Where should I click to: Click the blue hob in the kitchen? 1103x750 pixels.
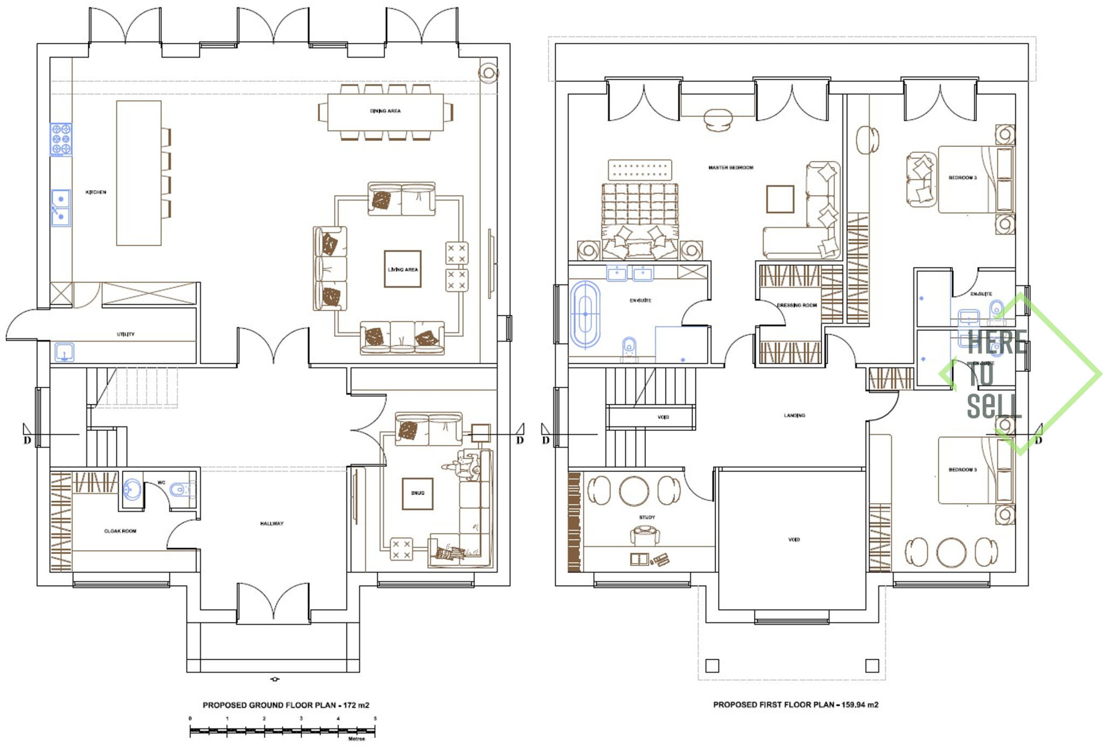click(61, 139)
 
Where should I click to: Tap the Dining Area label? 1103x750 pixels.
click(385, 111)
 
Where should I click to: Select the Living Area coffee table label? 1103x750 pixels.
click(403, 269)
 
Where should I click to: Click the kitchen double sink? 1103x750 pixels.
click(61, 207)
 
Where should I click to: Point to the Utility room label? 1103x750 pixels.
click(125, 334)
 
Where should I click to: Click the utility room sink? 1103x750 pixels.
click(65, 353)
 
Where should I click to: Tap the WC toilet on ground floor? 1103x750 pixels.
click(179, 490)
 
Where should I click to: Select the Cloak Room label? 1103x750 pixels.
click(120, 531)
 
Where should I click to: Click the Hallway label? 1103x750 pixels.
click(271, 523)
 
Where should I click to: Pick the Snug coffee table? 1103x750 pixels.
click(417, 493)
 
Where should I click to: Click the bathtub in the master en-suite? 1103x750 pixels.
click(585, 314)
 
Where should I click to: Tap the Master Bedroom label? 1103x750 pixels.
click(730, 168)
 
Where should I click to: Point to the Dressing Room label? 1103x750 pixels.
click(797, 305)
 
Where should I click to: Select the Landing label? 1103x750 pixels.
click(794, 415)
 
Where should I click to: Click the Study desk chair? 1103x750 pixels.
click(645, 535)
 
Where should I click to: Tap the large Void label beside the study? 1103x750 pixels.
click(794, 539)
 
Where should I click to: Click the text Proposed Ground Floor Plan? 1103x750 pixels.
click(269, 705)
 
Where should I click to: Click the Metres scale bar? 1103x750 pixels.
click(282, 731)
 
